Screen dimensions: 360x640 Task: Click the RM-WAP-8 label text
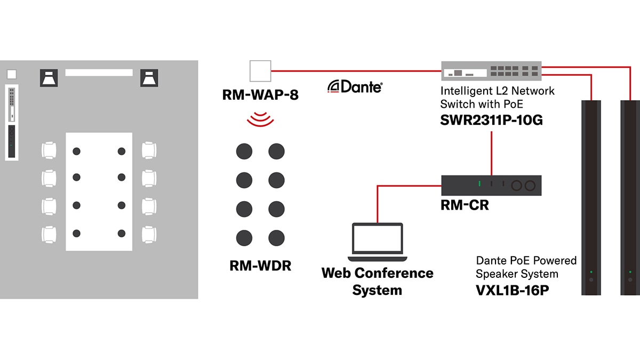pos(261,95)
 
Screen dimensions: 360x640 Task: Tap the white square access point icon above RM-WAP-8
pos(260,70)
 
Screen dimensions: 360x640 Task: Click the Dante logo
pos(355,86)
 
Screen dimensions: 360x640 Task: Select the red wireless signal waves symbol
pos(260,119)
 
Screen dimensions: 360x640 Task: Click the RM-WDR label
pos(260,265)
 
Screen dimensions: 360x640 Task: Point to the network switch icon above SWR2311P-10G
pos(491,70)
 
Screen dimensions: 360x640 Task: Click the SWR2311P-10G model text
pos(491,120)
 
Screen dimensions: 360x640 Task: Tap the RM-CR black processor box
pos(491,185)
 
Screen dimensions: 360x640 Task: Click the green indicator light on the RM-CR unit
pos(479,185)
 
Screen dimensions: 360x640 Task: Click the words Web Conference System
pos(377,282)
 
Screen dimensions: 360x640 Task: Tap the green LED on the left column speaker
pos(591,272)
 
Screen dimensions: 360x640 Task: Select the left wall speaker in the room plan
pos(50,78)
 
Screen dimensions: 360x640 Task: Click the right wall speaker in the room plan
pos(149,78)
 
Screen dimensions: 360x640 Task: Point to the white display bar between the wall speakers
pos(99,73)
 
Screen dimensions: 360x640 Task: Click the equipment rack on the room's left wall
pos(12,122)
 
